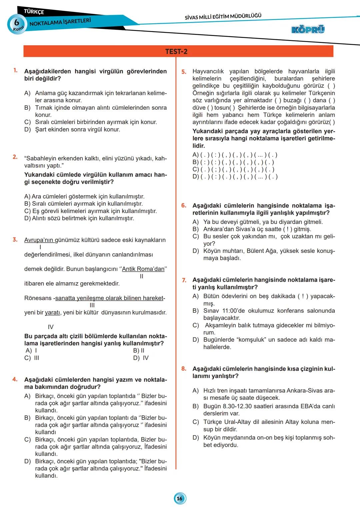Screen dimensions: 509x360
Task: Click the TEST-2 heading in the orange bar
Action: tap(176, 52)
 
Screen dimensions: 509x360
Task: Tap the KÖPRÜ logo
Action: tap(308, 30)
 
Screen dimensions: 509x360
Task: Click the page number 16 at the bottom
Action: tap(180, 498)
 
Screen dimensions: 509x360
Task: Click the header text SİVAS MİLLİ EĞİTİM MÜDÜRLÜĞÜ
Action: tap(223, 16)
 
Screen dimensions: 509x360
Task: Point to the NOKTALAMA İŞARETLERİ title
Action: tap(60, 22)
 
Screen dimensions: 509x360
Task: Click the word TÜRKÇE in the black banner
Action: tap(34, 12)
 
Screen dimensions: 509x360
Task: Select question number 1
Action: tap(15, 70)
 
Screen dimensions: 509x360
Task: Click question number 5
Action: tap(184, 72)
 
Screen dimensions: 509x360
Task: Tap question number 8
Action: tap(184, 369)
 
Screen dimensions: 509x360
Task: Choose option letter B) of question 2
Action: tap(27, 204)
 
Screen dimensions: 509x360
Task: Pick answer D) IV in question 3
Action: tap(141, 358)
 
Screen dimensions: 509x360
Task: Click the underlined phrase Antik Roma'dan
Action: tap(143, 269)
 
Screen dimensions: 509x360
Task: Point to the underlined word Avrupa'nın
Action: tap(39, 240)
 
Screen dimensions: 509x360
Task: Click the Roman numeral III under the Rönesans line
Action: tap(92, 305)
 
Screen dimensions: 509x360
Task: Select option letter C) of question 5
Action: tap(196, 169)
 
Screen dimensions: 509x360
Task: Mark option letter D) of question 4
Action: tap(27, 461)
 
